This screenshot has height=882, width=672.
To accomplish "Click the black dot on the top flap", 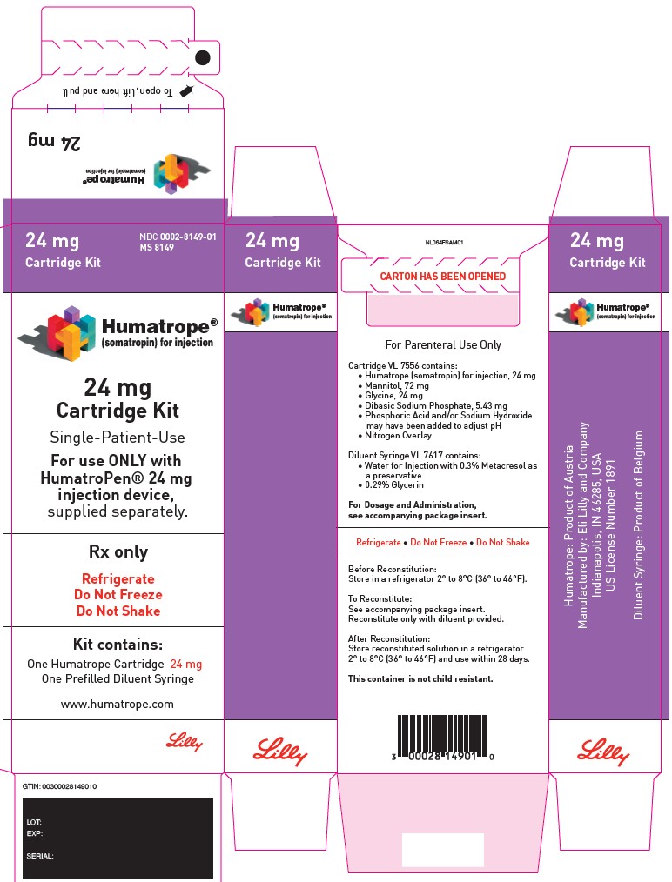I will click(x=203, y=57).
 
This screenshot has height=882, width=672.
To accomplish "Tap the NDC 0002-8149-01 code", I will click(x=178, y=237).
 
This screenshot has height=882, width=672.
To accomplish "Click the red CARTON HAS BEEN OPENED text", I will click(x=443, y=277).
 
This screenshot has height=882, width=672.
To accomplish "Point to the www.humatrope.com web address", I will click(x=118, y=704).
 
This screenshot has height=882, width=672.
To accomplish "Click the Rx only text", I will click(x=118, y=551).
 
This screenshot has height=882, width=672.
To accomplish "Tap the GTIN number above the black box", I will click(x=60, y=786).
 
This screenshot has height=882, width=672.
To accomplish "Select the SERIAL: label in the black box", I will click(x=40, y=857).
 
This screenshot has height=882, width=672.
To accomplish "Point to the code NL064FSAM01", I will click(x=443, y=243).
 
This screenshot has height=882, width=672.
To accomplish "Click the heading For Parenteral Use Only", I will click(x=443, y=344).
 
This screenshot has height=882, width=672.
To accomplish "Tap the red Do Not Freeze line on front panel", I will click(x=118, y=595).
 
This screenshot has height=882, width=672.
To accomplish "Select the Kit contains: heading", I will click(x=118, y=645).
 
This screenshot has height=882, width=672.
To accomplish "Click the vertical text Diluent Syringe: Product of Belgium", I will click(x=638, y=524).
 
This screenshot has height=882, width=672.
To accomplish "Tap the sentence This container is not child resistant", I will click(x=420, y=678).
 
